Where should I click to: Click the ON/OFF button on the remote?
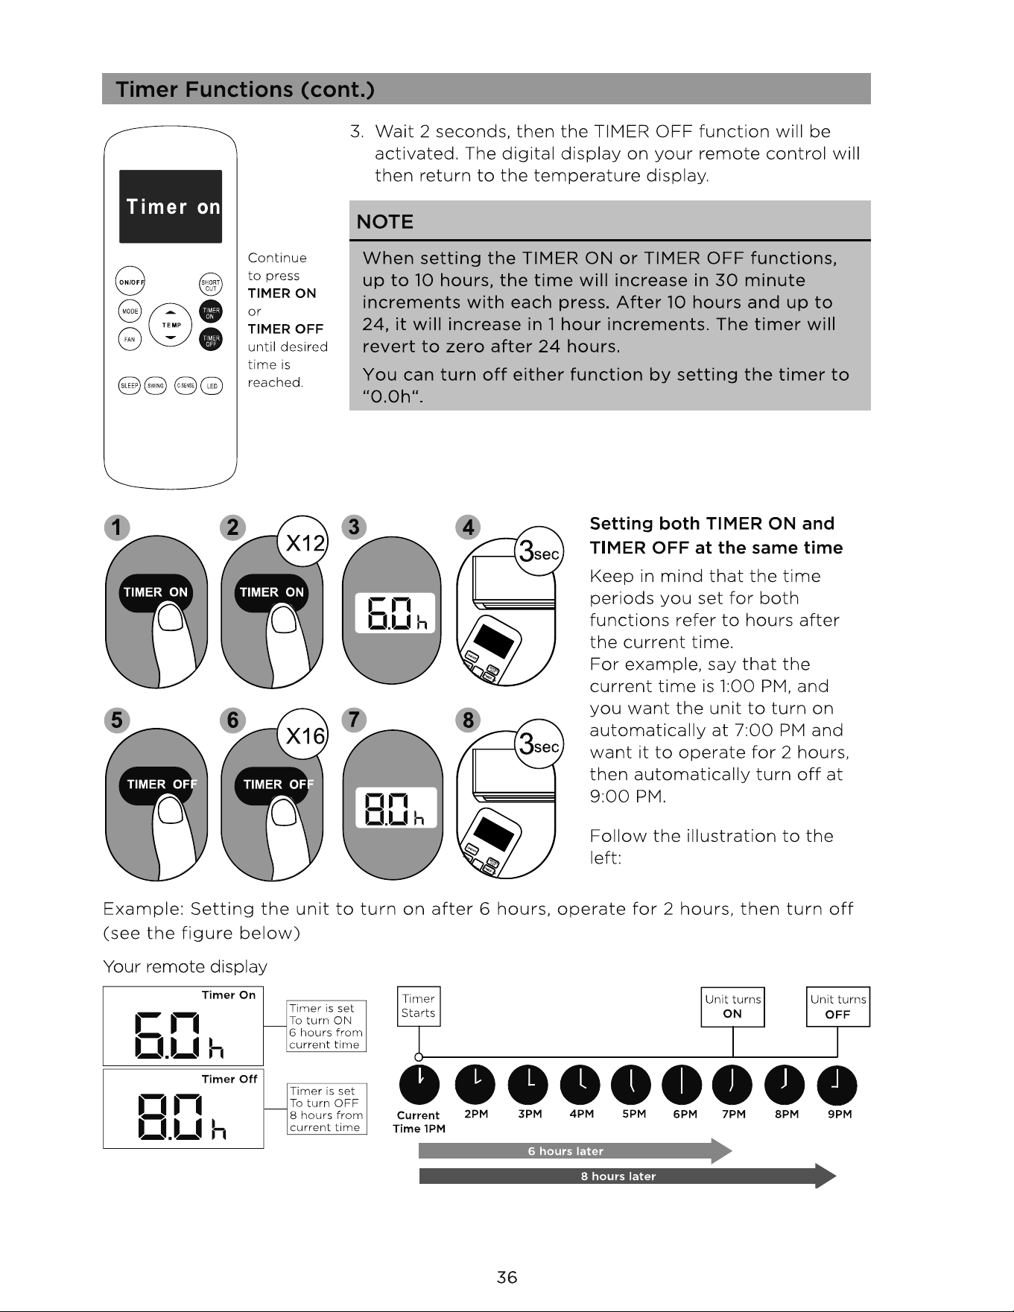point(130,282)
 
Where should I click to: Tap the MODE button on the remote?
point(130,311)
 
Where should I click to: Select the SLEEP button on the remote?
point(130,385)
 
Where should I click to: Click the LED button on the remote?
point(212,385)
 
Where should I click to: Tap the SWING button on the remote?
point(156,385)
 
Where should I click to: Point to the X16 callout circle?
point(302,735)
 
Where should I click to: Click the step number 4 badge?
point(468,527)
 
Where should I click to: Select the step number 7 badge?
point(354,720)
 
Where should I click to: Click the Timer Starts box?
point(419,1007)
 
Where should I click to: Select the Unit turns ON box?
point(733,1007)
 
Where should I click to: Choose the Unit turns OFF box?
point(838,1007)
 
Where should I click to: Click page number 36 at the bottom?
point(507,1278)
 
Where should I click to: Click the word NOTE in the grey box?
point(385,222)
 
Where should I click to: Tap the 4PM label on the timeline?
point(581,1114)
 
